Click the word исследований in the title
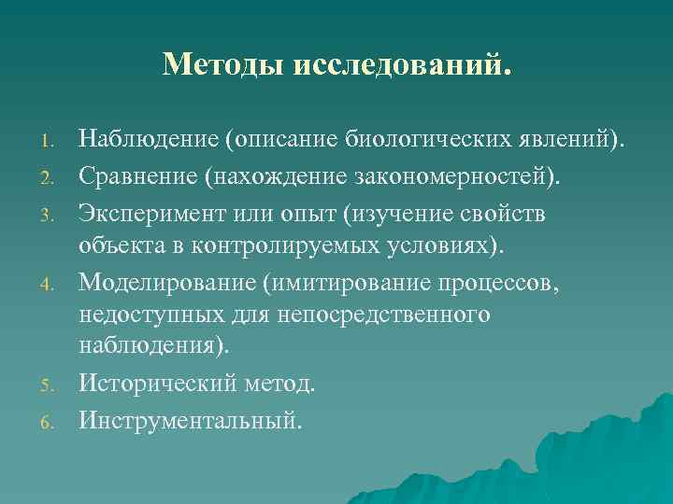(403, 64)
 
